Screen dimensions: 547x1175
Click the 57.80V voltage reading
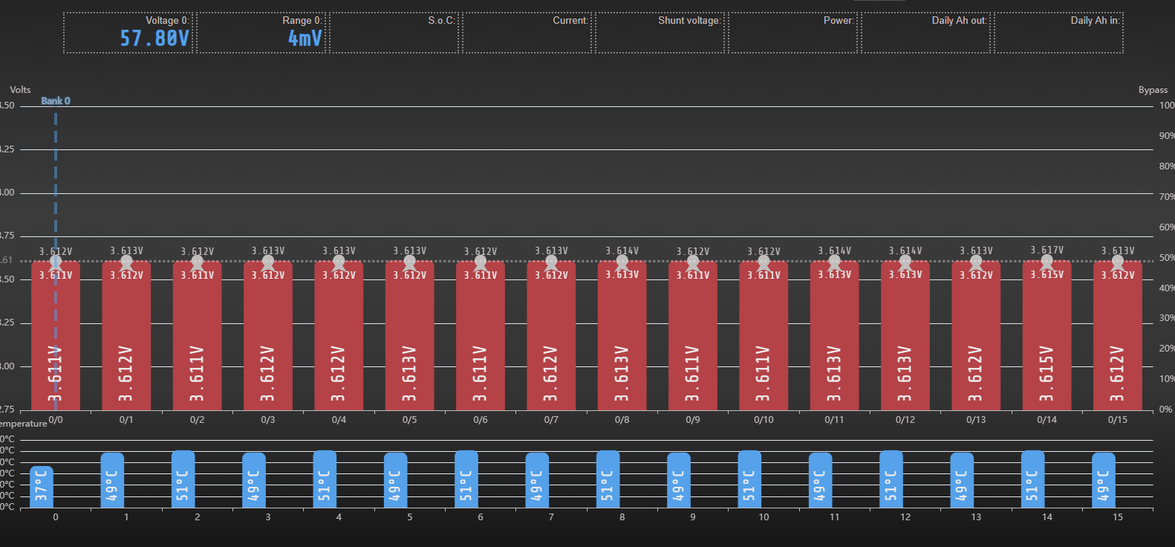(154, 38)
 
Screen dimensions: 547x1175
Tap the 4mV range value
(305, 38)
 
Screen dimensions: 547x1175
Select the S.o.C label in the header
(441, 20)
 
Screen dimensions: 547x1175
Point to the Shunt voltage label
(689, 20)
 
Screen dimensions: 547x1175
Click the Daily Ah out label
(959, 20)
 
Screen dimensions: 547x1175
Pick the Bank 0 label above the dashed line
(56, 101)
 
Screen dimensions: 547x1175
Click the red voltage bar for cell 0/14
(1047, 334)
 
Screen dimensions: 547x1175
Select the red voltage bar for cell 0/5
(409, 334)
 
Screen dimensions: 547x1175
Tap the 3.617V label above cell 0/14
(1047, 250)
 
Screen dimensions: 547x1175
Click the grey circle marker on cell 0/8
(622, 262)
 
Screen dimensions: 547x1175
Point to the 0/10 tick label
(764, 420)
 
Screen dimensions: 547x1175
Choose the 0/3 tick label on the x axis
(268, 420)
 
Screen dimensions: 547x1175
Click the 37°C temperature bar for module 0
(42, 487)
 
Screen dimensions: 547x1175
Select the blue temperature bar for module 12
(891, 479)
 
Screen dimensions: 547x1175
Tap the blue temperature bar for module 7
(537, 480)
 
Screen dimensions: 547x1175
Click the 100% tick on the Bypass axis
(1167, 106)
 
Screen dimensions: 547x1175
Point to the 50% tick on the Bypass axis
(1167, 258)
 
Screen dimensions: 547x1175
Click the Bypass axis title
(1153, 90)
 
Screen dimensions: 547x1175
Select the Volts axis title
(20, 90)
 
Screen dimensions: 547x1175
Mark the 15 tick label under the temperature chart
(1117, 517)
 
